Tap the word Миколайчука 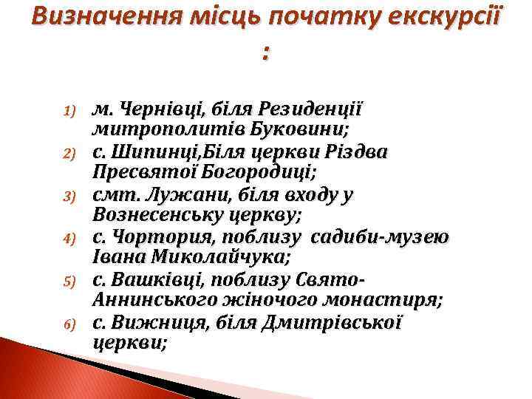pyautogui.click(x=214, y=259)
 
